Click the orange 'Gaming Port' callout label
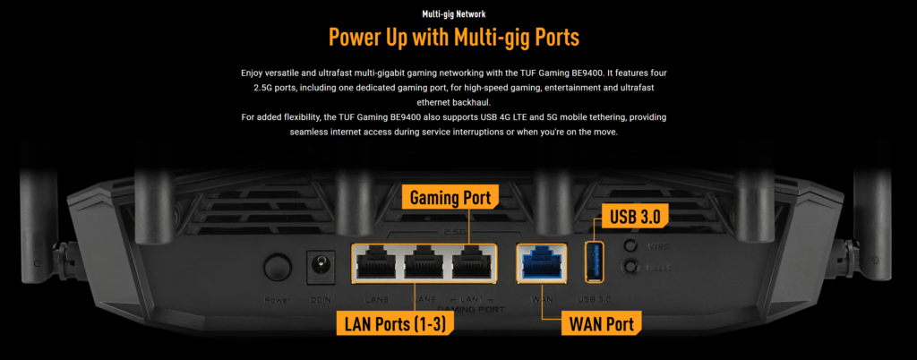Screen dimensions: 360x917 (x=450, y=197)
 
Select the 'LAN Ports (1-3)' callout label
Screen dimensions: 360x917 (x=392, y=324)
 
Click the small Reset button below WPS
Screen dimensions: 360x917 (x=632, y=267)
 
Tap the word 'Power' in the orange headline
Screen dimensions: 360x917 (x=362, y=39)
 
